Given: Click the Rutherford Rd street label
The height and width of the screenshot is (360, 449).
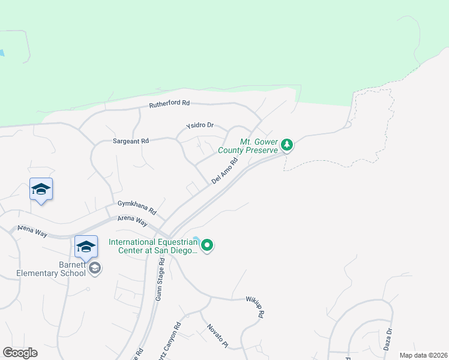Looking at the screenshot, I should tap(169, 103).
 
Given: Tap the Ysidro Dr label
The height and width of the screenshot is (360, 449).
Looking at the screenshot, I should tap(200, 125).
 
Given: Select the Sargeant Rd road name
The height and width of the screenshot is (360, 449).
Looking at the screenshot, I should tap(130, 140).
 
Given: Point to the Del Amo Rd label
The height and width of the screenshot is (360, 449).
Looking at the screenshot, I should tap(225, 170).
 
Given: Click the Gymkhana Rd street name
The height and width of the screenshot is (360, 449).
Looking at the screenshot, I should tap(137, 208).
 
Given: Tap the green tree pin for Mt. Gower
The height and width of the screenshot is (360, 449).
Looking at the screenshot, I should tap(288, 145).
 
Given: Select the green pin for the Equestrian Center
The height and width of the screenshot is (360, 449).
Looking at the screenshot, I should tap(207, 245).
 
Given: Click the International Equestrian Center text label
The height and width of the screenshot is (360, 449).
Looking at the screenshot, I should tap(154, 247).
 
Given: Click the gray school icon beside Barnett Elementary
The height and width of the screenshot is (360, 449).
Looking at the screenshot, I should tap(94, 268).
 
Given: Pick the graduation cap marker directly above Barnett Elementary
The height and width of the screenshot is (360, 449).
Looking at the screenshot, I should tap(86, 247).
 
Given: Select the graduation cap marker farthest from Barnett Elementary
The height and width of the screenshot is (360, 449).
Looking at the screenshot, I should tap(41, 190).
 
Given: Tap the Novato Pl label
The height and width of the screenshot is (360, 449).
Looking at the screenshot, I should tap(218, 336).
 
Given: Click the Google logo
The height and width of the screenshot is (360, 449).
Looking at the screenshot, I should tap(20, 353).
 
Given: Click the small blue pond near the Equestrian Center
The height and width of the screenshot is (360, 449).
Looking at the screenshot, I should tap(197, 240).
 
